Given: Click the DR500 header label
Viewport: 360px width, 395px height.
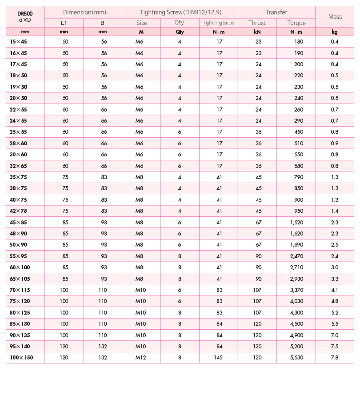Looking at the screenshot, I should pyautogui.click(x=25, y=13).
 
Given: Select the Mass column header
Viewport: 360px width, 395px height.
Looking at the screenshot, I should pyautogui.click(x=335, y=17).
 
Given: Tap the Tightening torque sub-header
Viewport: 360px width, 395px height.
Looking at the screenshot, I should pyautogui.click(x=219, y=23).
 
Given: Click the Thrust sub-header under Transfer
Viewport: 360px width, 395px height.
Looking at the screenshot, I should pyautogui.click(x=257, y=23).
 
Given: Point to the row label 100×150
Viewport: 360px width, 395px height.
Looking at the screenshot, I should pyautogui.click(x=21, y=358).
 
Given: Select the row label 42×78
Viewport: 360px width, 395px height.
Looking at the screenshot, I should pyautogui.click(x=18, y=211).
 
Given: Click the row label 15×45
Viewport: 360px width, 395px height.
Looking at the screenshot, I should pyautogui.click(x=18, y=41).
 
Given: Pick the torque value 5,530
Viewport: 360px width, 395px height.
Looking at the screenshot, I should pyautogui.click(x=296, y=358).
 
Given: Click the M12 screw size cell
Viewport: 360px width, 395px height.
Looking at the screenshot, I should pyautogui.click(x=141, y=358).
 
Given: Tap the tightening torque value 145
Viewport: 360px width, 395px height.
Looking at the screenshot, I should pyautogui.click(x=219, y=358).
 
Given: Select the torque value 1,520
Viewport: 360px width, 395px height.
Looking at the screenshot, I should pyautogui.click(x=296, y=222).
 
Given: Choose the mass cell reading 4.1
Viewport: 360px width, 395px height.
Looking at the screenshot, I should pyautogui.click(x=335, y=290).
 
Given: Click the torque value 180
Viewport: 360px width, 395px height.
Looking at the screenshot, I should pyautogui.click(x=298, y=41).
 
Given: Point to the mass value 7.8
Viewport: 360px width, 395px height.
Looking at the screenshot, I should pyautogui.click(x=335, y=358).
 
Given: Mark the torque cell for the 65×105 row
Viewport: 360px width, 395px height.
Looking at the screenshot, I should pyautogui.click(x=296, y=279).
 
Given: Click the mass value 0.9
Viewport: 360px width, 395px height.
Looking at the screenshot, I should pyautogui.click(x=335, y=143).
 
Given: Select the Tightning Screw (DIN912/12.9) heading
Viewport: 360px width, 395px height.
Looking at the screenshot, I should pyautogui.click(x=180, y=12).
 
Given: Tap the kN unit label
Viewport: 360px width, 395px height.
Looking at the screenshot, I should pyautogui.click(x=257, y=32).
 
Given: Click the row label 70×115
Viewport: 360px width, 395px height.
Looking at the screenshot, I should pyautogui.click(x=20, y=290).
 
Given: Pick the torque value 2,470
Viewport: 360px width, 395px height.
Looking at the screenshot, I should pyautogui.click(x=296, y=256).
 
